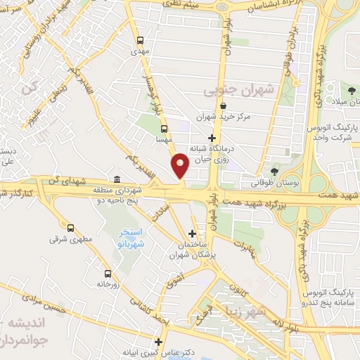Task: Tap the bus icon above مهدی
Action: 140,40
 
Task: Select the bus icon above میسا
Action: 164,129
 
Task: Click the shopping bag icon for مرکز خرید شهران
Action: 222,105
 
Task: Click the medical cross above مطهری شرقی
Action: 72,227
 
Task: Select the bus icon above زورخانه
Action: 108,274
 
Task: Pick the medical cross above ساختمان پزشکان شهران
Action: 193,233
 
